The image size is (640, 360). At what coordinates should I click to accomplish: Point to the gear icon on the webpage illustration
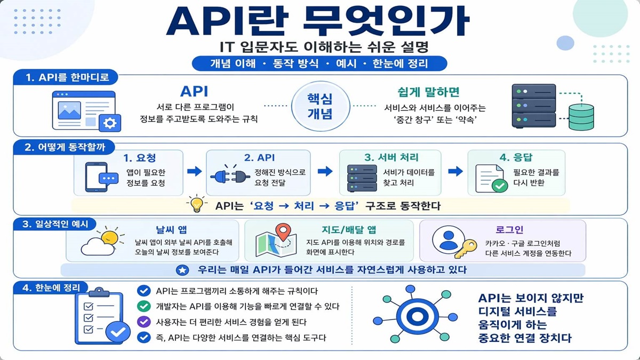pos(110,123)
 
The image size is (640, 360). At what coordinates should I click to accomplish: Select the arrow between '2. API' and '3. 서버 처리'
pos(325,171)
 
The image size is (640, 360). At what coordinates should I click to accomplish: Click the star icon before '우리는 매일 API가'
pos(182,270)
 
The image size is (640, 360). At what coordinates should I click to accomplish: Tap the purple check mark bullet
pos(143,322)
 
